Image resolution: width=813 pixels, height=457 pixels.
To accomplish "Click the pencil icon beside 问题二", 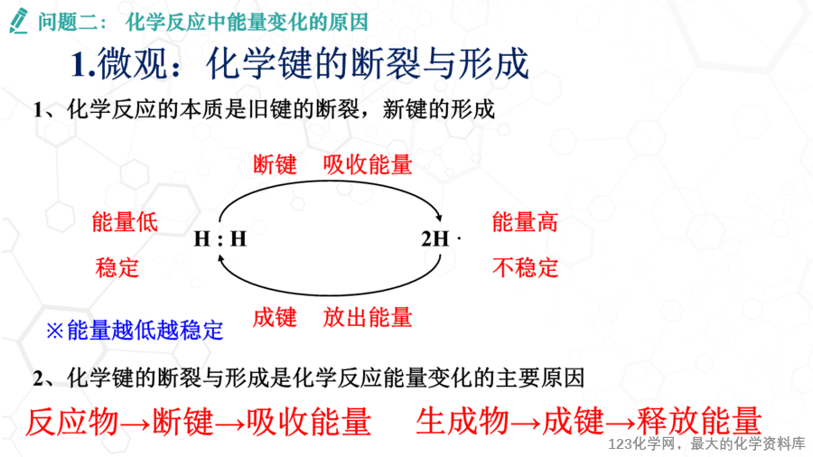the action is pos(19,22).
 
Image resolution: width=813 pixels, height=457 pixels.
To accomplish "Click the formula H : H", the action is pos(220,239).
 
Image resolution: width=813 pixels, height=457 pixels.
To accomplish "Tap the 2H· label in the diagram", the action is pos(440,238).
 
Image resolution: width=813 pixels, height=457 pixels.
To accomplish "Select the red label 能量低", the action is pos(125,222).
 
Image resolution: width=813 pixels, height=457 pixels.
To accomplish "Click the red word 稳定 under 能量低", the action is pos(117,268).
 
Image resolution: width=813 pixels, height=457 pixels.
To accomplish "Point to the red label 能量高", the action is pos(525,222).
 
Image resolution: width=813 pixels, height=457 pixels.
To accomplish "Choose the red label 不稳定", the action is pos(525,268).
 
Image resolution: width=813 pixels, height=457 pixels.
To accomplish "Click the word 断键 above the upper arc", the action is pos(275,164).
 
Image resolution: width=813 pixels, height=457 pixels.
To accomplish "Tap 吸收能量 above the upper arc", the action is pos(368,164).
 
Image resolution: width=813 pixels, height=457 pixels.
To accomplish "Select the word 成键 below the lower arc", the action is pos(275,317).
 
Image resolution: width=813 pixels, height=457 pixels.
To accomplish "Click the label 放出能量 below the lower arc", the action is pos(368,317).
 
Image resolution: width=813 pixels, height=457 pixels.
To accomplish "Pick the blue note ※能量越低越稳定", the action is pos(135,331).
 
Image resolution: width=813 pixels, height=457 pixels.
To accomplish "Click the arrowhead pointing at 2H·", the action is pos(439,218).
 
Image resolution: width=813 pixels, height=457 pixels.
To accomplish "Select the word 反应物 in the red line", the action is pos(72,421).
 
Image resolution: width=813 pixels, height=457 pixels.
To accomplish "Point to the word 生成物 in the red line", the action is pos(463,420).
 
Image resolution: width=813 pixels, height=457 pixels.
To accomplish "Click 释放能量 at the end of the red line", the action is pos(699,420).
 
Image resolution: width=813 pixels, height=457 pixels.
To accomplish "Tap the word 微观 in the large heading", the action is pos(133,64).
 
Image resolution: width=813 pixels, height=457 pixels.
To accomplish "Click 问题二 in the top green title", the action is pos(67,22).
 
